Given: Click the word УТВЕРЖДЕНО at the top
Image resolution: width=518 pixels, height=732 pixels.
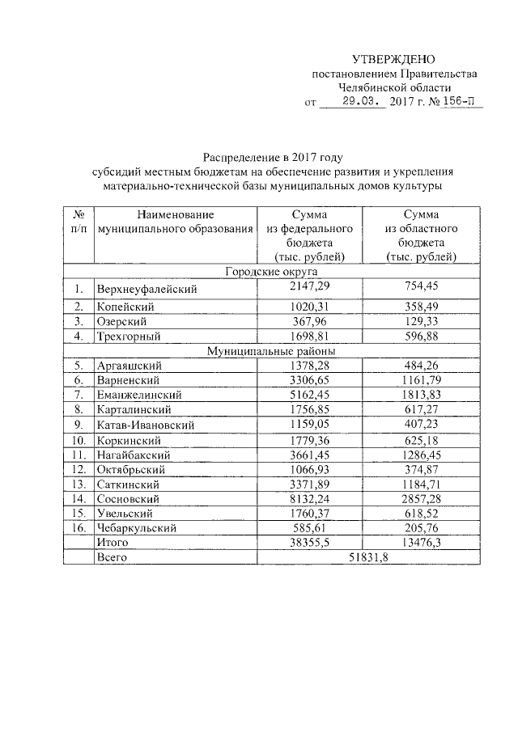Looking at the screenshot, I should (393, 59).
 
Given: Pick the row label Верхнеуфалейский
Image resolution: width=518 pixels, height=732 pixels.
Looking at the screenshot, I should (146, 289).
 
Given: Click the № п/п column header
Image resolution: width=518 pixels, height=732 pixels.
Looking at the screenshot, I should (79, 222).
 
